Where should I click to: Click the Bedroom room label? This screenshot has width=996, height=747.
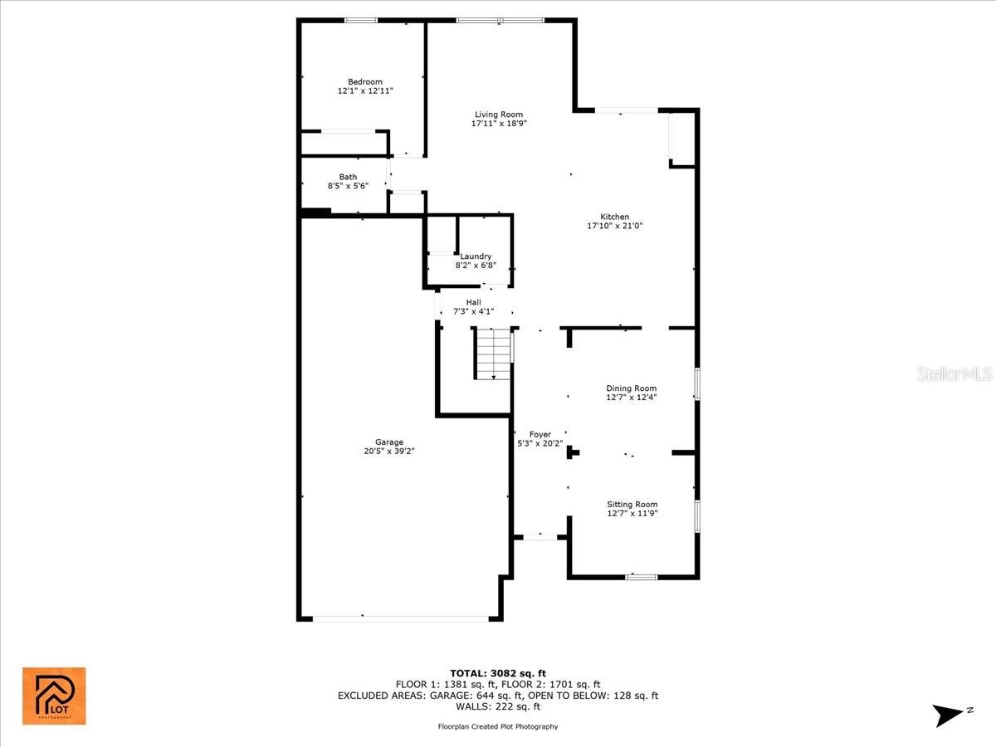(x=365, y=81)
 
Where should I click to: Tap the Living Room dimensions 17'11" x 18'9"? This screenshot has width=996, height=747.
(x=499, y=124)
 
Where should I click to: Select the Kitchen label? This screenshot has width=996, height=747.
(x=615, y=217)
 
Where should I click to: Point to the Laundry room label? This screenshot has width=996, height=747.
(x=476, y=256)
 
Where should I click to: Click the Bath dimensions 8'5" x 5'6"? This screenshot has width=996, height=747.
(x=348, y=186)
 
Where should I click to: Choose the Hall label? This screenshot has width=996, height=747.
(x=473, y=302)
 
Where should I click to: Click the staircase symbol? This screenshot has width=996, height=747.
(x=493, y=354)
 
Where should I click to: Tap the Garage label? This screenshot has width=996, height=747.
(x=388, y=442)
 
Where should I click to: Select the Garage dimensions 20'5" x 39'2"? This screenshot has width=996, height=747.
(x=388, y=452)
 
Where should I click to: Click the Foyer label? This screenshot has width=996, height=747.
(x=540, y=434)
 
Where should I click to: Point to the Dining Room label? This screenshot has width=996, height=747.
(x=632, y=388)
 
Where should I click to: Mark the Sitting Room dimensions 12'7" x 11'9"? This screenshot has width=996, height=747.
(x=632, y=513)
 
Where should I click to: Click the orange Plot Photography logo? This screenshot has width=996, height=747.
(x=54, y=696)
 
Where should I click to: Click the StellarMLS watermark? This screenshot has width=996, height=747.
(x=954, y=375)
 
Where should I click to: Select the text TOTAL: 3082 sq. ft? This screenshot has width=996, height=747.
(x=498, y=673)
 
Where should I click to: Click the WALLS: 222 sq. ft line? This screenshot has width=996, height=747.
(x=498, y=706)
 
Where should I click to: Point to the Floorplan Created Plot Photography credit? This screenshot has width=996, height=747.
(x=498, y=726)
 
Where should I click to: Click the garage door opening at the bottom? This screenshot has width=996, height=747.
(x=401, y=618)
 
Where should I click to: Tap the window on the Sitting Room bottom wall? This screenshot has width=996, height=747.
(x=642, y=576)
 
